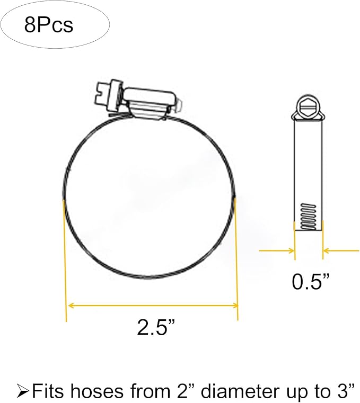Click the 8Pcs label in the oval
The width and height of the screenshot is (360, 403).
49,25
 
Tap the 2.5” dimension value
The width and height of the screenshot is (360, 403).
156,327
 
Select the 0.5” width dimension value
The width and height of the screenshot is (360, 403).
310,282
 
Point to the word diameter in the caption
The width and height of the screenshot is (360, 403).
240,392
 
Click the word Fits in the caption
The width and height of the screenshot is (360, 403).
48,392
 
